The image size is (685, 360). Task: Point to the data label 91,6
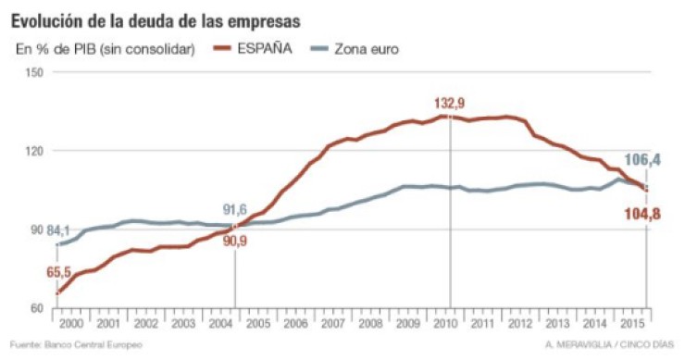tap(234, 209)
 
